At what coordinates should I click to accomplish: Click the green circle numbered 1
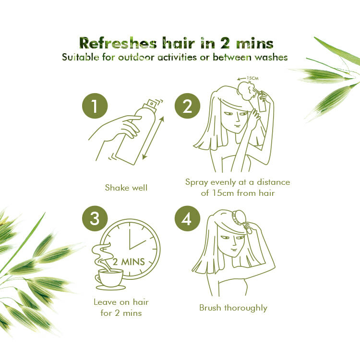point(95,106)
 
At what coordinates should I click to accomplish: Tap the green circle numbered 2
point(187,106)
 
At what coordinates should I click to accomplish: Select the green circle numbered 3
point(95,218)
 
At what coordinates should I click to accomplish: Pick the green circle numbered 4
point(187,218)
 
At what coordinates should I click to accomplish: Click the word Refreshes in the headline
point(118,43)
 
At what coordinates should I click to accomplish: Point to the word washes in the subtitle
point(271,57)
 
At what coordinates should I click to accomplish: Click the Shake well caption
point(126,188)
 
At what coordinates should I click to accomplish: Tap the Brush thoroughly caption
point(233,308)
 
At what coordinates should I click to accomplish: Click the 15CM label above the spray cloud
point(252,78)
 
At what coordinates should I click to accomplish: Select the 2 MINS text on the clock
point(129,262)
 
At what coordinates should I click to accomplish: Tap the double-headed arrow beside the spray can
point(153,138)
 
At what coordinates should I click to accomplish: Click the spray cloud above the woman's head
point(247,91)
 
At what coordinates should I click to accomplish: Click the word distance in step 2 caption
point(273,182)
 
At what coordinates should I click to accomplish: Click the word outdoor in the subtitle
point(136,57)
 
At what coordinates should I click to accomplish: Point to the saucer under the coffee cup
point(111,288)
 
